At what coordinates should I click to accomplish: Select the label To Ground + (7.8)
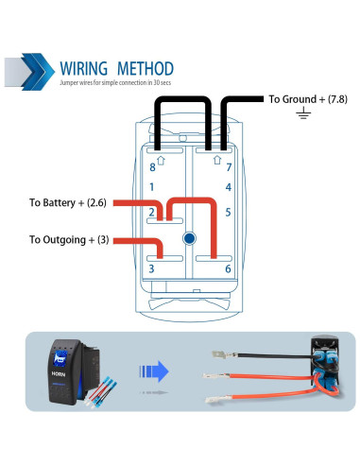[x=308, y=98]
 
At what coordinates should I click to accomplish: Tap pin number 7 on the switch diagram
[x=228, y=166]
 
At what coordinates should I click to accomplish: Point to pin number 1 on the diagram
[x=152, y=187]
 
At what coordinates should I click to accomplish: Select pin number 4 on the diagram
[x=228, y=187]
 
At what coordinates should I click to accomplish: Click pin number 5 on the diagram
[x=228, y=212]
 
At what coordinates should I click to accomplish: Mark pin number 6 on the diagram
[x=228, y=268]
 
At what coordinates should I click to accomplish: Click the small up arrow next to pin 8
[x=162, y=161]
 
